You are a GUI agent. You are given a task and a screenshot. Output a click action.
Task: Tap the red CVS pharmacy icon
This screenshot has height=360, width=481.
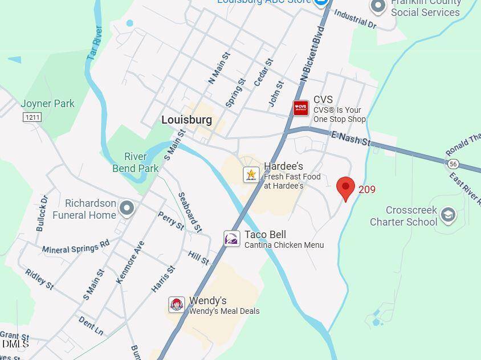pyautogui.click(x=301, y=108)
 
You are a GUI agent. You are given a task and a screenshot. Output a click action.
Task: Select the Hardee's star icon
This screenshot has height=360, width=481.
pyautogui.click(x=251, y=174)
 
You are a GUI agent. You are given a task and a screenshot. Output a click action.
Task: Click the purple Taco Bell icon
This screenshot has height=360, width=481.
pyautogui.click(x=231, y=239)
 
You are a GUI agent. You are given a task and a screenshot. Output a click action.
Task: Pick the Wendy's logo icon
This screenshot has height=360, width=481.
pyautogui.click(x=177, y=304)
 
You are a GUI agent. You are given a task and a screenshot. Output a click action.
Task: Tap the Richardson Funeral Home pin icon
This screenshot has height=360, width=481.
pyautogui.click(x=127, y=208)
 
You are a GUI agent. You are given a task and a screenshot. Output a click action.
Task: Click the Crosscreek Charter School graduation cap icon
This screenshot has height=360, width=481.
pyautogui.click(x=448, y=215)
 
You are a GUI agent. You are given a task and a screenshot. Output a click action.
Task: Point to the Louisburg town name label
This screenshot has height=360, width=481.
pyautogui.click(x=186, y=120)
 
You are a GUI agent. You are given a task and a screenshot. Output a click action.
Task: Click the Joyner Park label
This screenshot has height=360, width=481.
pyautogui.click(x=48, y=104)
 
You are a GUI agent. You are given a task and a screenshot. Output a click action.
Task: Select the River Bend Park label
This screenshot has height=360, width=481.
pyautogui.click(x=136, y=162)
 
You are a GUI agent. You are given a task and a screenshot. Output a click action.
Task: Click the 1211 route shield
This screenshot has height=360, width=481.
pyautogui.click(x=32, y=117)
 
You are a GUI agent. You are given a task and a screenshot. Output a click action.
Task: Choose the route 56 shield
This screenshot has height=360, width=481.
pyautogui.click(x=453, y=164)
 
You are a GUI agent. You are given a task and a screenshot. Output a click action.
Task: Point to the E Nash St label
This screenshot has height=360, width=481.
pyautogui.click(x=351, y=138)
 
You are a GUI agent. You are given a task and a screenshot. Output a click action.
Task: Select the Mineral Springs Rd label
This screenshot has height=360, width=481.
pyautogui.click(x=75, y=247)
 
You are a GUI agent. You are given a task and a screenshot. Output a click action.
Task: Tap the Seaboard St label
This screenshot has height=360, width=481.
pyautogui.click(x=190, y=212)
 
